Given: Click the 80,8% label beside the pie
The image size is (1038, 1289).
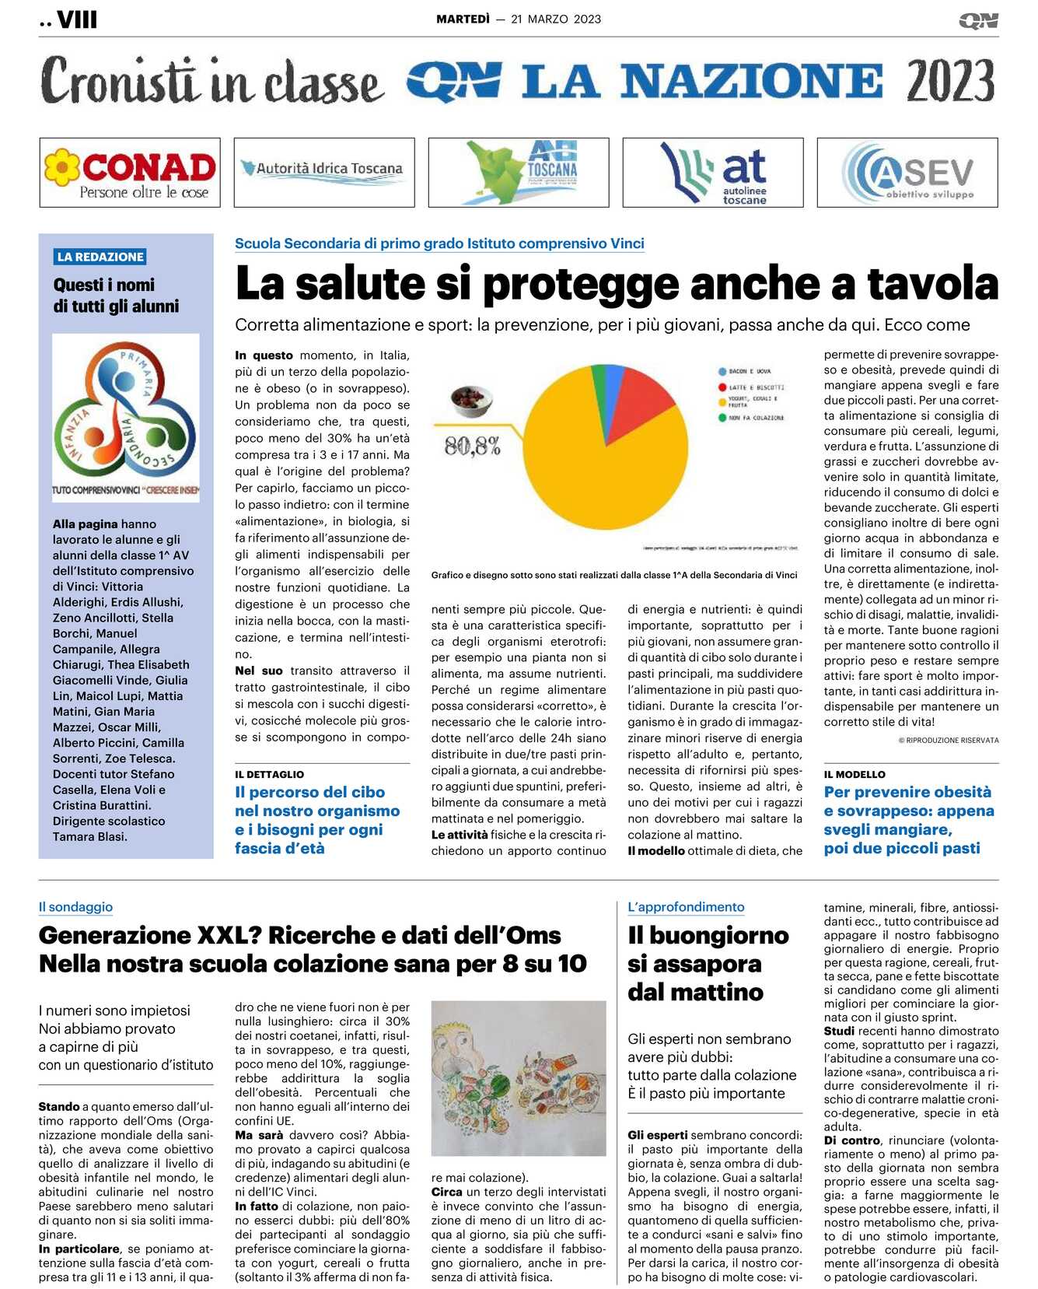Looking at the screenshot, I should (x=472, y=446).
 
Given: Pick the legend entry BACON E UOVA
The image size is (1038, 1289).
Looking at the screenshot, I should (x=749, y=372).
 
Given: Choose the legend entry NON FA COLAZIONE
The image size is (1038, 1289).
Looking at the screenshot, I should (x=755, y=418).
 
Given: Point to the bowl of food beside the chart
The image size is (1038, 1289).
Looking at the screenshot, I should (x=471, y=400).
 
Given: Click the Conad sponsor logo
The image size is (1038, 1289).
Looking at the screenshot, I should (x=130, y=173).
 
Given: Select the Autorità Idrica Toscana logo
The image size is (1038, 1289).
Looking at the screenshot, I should (x=323, y=169).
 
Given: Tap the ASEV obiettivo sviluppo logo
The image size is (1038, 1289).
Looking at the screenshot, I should (x=907, y=173).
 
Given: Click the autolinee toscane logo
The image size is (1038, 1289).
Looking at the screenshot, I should (x=713, y=173).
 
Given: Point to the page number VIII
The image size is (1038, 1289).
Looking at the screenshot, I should (x=77, y=20).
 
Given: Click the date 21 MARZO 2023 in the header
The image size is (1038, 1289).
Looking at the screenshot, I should (x=556, y=19).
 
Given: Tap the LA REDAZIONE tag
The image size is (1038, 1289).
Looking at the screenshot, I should (x=100, y=257).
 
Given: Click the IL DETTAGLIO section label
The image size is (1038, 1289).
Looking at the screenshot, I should (x=269, y=774).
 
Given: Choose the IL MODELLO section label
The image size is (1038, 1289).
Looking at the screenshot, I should (x=854, y=774).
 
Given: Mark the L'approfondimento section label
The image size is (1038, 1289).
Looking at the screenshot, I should (x=686, y=906).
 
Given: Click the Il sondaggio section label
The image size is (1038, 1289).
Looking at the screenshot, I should (x=75, y=906).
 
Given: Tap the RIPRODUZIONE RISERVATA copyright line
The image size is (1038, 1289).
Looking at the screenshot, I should (x=949, y=740).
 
